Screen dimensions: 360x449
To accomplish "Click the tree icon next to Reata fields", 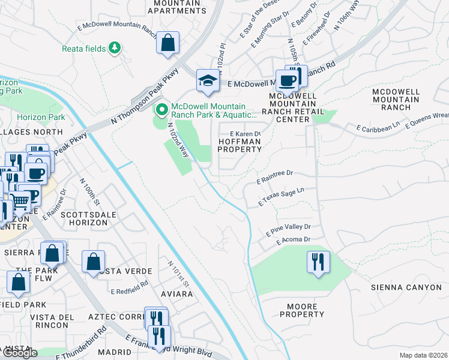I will click(114, 48).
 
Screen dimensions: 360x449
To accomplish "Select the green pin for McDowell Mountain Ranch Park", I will click(161, 110).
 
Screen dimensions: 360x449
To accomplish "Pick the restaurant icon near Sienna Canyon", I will click(318, 262).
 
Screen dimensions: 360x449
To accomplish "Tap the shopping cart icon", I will click(20, 202).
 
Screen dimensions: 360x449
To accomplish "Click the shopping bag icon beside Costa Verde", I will click(93, 262).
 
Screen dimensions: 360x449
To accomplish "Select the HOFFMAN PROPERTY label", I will click(239, 146).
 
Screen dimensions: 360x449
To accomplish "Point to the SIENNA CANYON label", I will click(406, 287).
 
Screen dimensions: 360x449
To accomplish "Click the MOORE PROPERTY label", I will click(302, 310).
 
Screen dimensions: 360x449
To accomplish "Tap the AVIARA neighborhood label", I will click(177, 294).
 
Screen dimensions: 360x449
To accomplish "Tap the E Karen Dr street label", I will click(246, 134).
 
